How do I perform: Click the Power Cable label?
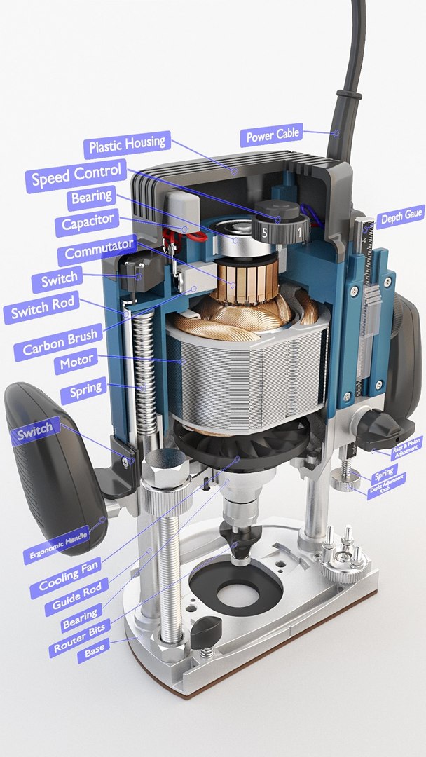pos(273,135)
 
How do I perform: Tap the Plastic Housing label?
pos(127,146)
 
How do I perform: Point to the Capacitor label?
pos(88,224)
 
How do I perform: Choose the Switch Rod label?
pos(41,307)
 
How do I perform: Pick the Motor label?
pos(76,364)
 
